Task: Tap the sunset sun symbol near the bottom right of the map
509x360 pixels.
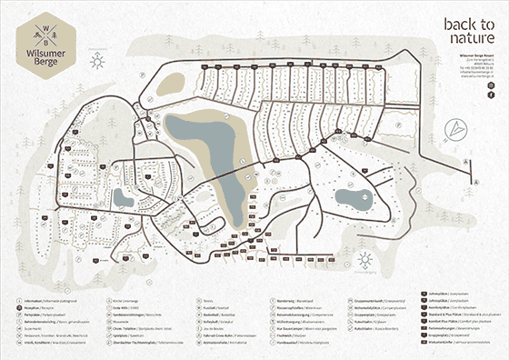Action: click(364, 261)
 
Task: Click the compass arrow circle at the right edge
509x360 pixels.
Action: click(469, 161)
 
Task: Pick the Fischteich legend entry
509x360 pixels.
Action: click(291, 333)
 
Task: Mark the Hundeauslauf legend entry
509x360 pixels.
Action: click(291, 341)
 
